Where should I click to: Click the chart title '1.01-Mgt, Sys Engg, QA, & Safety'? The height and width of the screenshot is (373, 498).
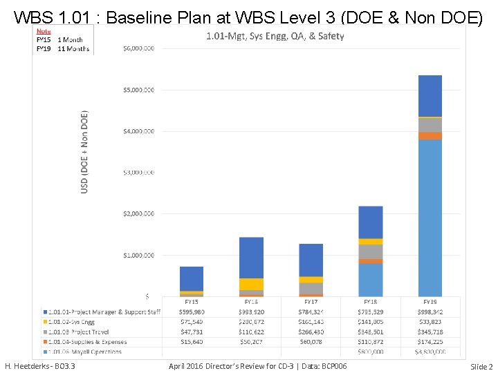(x=275, y=36)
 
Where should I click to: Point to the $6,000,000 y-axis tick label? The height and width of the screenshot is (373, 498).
(x=138, y=48)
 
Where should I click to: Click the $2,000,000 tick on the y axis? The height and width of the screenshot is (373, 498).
(x=138, y=214)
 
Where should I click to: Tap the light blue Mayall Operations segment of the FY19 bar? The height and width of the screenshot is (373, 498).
(x=430, y=218)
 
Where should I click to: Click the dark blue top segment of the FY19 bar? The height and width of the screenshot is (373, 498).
(x=430, y=95)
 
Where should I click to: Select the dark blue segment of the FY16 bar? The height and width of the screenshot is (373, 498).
(x=251, y=258)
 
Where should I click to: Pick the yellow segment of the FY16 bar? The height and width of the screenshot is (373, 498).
(x=251, y=284)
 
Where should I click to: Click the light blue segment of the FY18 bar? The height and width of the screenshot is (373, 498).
(x=370, y=280)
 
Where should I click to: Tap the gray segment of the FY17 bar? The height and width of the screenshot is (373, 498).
(x=311, y=288)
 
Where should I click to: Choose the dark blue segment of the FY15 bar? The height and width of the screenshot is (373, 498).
(x=192, y=278)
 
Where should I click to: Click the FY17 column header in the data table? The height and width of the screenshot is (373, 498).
(x=311, y=302)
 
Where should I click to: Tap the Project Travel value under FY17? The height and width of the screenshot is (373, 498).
(x=311, y=332)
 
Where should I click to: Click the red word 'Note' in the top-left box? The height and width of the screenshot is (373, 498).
(x=43, y=31)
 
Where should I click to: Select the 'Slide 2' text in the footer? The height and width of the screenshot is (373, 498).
(x=481, y=366)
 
